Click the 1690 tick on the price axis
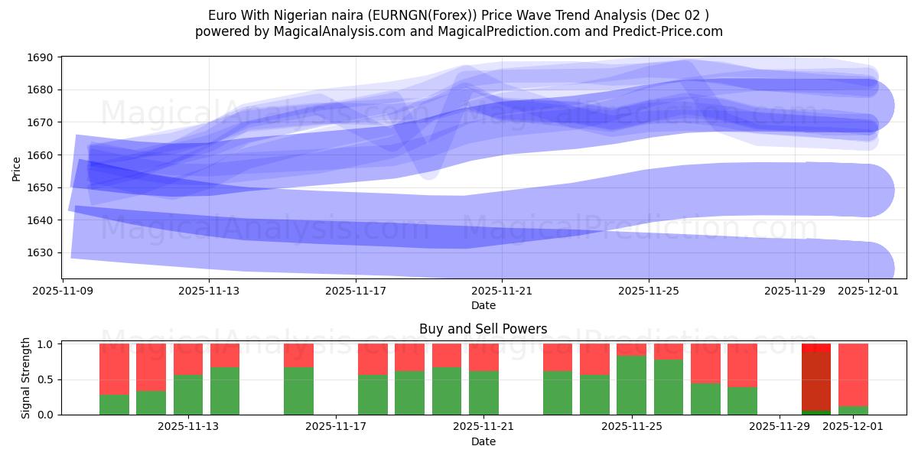[x=41, y=57]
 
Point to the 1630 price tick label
[x=41, y=252]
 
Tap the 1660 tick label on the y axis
[x=41, y=155]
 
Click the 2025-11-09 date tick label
[x=63, y=291]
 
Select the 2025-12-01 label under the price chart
[x=868, y=291]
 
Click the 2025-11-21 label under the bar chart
[x=483, y=426]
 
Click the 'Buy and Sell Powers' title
[x=483, y=329]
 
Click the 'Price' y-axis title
[x=17, y=168]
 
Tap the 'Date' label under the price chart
[x=483, y=305]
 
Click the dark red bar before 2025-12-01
[x=816, y=381]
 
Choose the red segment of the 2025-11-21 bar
[x=483, y=356]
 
